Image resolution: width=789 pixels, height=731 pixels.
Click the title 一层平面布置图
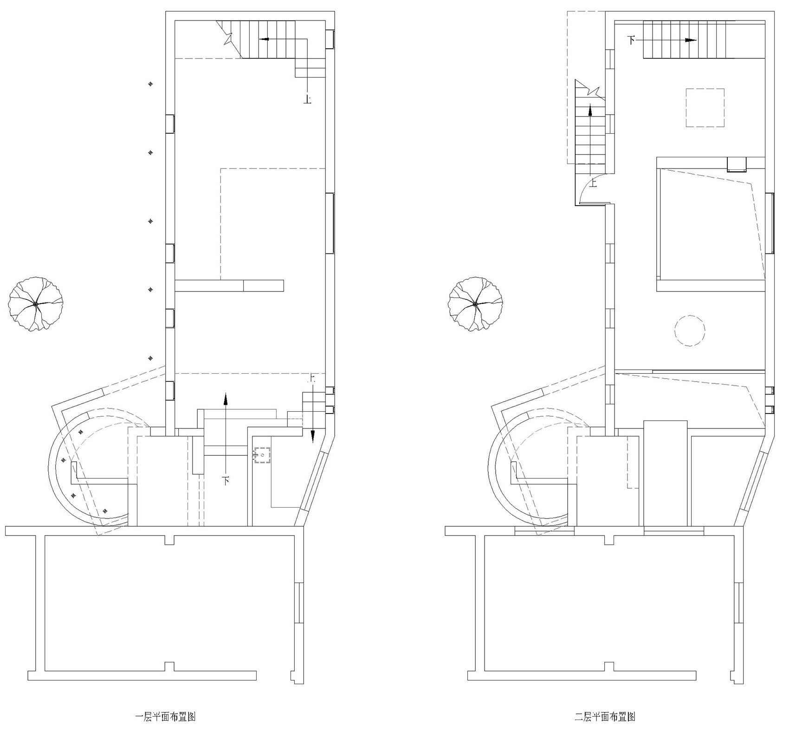tap(165, 717)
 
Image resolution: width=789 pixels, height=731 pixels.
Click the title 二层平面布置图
tap(605, 717)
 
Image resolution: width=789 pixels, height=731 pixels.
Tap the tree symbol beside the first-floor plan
tap(35, 304)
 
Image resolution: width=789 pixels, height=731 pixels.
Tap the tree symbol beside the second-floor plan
tap(475, 304)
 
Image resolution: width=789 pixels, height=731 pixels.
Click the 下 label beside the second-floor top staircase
tap(631, 40)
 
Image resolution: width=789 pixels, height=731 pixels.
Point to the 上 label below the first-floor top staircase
tap(307, 99)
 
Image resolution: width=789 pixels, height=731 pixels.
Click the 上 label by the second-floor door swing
tap(594, 183)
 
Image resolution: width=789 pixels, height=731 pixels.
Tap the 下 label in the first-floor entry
tap(226, 480)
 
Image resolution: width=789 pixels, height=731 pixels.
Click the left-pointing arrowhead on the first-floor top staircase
tap(264, 39)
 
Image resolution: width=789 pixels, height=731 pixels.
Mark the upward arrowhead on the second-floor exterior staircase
tap(590, 110)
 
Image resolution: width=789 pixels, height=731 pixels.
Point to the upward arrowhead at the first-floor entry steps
tap(226, 398)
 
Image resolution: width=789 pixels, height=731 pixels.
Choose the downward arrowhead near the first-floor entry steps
tap(313, 436)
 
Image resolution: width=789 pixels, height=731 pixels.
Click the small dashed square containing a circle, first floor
tap(263, 455)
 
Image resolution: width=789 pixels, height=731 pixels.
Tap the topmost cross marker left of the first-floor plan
tap(150, 84)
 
